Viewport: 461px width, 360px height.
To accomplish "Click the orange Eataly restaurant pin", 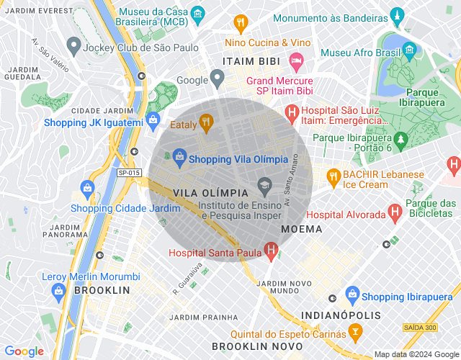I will point(205,123).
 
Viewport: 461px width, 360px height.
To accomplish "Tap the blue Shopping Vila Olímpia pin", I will point(179,155).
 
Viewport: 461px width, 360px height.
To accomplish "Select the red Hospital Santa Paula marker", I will point(271,251).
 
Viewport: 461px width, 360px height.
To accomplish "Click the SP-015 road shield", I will point(130,173).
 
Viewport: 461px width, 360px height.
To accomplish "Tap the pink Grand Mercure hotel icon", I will point(295,58).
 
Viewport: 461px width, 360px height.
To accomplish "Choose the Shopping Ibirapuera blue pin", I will point(352,294).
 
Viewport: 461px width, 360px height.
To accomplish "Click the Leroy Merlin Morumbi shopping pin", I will point(58,290).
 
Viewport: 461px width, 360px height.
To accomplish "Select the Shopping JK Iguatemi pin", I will point(152,120).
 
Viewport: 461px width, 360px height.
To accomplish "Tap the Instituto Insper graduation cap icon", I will point(264,185).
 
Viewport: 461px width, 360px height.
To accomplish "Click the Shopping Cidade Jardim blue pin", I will point(87,189).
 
